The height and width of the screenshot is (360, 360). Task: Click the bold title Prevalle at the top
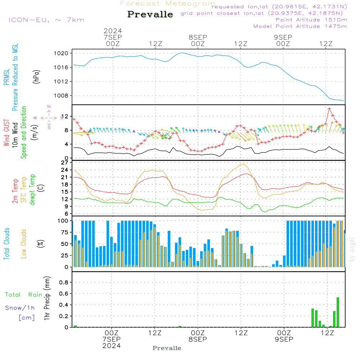(x=150, y=14)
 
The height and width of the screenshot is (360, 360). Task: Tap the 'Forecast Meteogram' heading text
(x=168, y=4)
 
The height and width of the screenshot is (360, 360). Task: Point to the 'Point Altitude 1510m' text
(x=311, y=20)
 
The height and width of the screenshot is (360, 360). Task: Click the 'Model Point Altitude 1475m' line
(x=300, y=26)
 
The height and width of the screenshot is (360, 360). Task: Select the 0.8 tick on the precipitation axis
(x=64, y=282)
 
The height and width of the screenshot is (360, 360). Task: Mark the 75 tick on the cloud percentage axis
(x=65, y=232)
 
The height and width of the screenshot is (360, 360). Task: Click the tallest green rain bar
(x=338, y=312)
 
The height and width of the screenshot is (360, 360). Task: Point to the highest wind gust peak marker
(x=329, y=108)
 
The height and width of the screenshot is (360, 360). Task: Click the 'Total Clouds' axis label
(x=7, y=244)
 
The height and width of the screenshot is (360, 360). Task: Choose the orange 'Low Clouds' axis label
(x=24, y=244)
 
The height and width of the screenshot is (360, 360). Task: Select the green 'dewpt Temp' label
(x=32, y=190)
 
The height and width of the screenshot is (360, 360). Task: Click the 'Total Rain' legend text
(x=23, y=295)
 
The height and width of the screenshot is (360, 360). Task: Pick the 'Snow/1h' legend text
(x=20, y=308)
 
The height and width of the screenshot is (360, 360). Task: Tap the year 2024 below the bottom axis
(x=112, y=346)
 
